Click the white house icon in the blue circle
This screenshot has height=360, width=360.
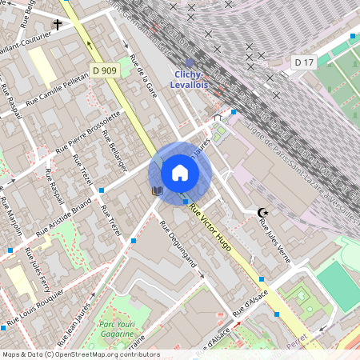pos(180,173)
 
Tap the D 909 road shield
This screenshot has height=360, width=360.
pos(105,70)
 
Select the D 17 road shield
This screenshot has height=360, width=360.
pos(303,62)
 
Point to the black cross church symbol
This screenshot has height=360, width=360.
pos(57,25)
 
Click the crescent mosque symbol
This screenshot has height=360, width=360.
pos(261,212)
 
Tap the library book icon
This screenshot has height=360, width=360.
pos(157,190)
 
